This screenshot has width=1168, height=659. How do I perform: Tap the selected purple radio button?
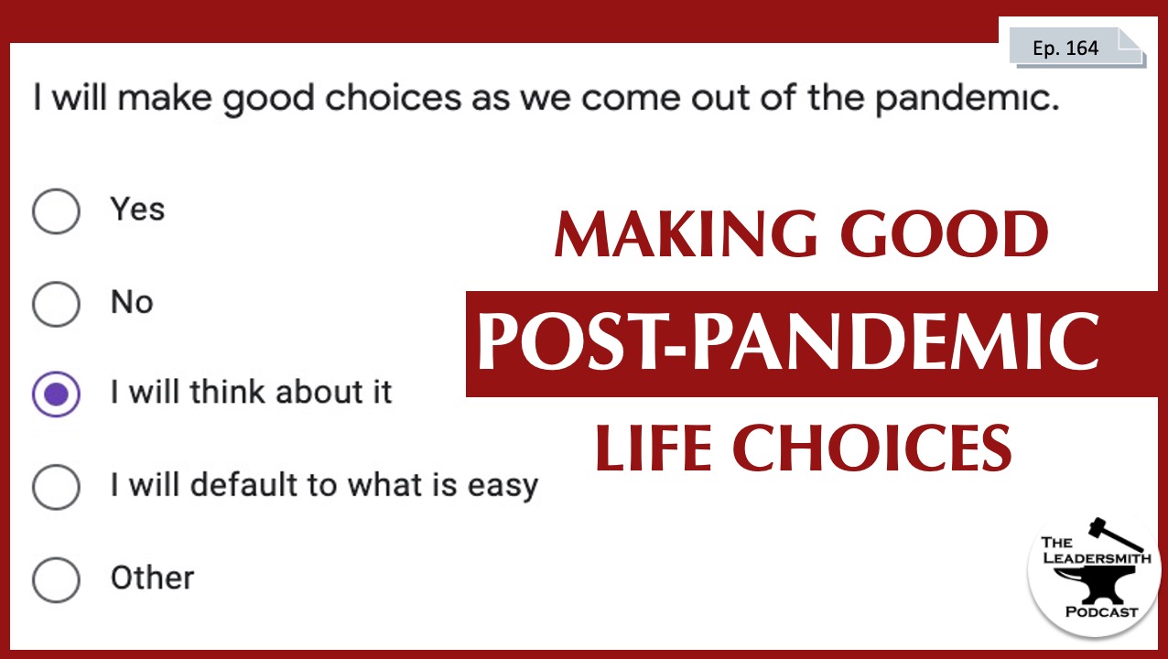(x=56, y=394)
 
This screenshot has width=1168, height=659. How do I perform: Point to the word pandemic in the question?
(x=968, y=98)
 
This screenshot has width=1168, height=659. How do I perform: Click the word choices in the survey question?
(x=394, y=97)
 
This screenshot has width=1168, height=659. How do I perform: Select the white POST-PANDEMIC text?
(x=788, y=342)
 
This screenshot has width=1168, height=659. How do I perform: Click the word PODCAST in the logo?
(x=1101, y=612)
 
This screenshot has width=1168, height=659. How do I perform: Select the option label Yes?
(x=137, y=210)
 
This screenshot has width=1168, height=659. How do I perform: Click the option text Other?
(x=152, y=578)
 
